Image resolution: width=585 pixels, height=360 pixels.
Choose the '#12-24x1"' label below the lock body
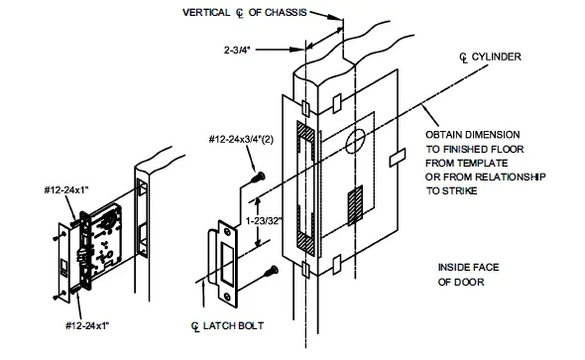coord(86,323)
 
